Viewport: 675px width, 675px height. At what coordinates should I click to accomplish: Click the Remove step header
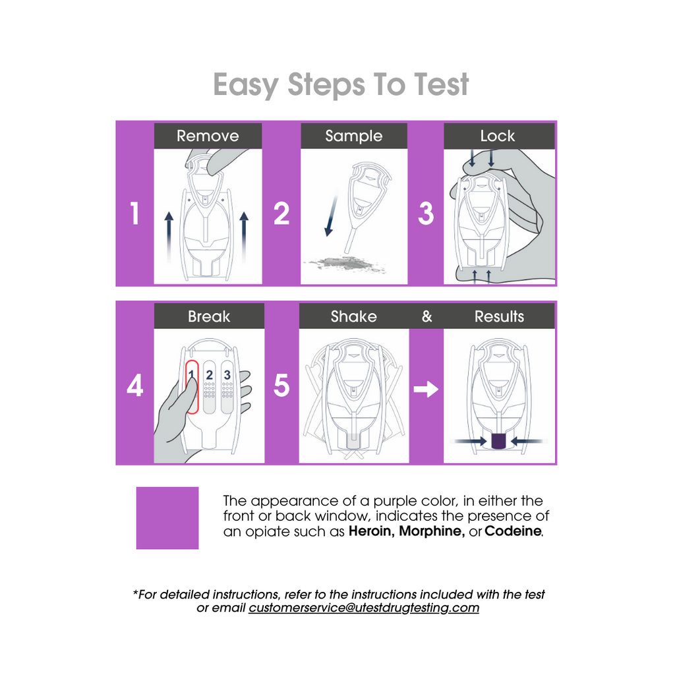(x=208, y=136)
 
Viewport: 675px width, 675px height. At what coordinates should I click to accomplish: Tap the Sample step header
(x=354, y=136)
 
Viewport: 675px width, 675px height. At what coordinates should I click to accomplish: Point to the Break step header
(x=209, y=316)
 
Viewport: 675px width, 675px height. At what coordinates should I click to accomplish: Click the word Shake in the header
(x=354, y=316)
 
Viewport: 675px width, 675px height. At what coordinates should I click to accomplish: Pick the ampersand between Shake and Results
(x=426, y=316)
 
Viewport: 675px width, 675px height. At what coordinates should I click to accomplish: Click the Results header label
(x=500, y=316)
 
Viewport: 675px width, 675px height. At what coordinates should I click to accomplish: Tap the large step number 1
(x=134, y=213)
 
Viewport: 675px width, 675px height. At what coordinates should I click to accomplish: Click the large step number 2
(x=281, y=213)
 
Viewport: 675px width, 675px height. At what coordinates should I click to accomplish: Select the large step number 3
(x=426, y=213)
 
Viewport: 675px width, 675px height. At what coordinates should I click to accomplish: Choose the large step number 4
(x=134, y=385)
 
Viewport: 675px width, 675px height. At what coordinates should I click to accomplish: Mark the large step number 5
(x=281, y=385)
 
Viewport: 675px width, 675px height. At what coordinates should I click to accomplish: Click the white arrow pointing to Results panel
(x=426, y=390)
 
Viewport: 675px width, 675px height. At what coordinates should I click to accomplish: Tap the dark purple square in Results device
(x=498, y=441)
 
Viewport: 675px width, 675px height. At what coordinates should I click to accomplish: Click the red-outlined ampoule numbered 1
(x=192, y=387)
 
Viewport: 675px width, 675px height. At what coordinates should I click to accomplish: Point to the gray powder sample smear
(x=344, y=263)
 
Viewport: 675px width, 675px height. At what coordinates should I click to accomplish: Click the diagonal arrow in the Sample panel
(x=332, y=216)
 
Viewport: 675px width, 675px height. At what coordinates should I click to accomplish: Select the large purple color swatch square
(x=167, y=518)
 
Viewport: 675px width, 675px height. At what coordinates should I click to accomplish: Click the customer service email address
(x=364, y=607)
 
